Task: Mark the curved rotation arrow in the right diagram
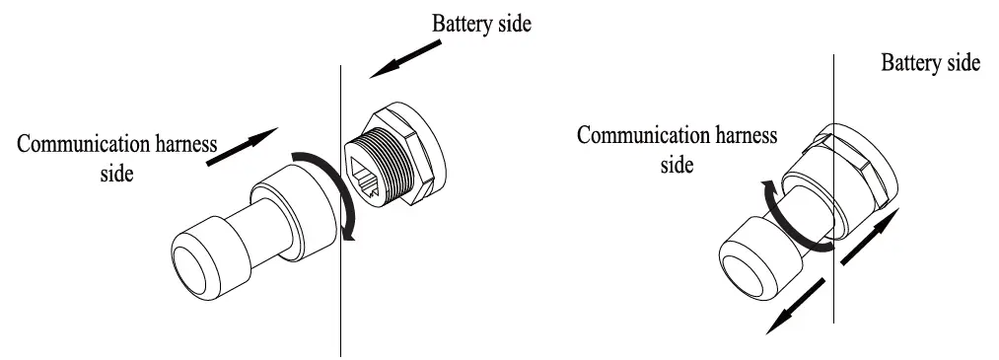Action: pyautogui.click(x=779, y=212)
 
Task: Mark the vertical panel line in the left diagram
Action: pyautogui.click(x=341, y=296)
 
